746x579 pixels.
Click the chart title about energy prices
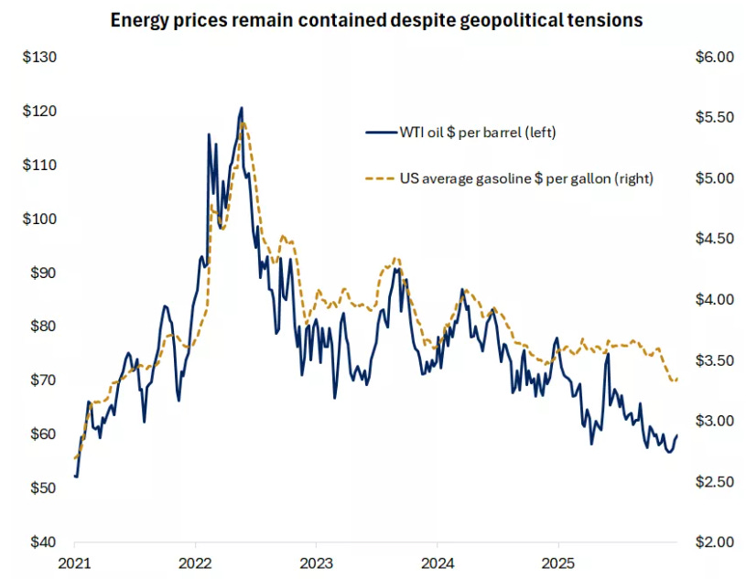click(x=375, y=20)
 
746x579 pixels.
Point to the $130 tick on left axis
click(x=39, y=58)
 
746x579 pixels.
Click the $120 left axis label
click(x=39, y=112)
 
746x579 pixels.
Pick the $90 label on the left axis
click(x=42, y=273)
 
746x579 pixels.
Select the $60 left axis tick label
click(x=42, y=434)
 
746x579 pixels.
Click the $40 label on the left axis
click(x=42, y=541)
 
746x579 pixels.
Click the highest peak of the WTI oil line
click(x=242, y=108)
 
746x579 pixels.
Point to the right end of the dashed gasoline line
click(x=677, y=380)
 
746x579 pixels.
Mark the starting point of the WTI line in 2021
click(x=75, y=476)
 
